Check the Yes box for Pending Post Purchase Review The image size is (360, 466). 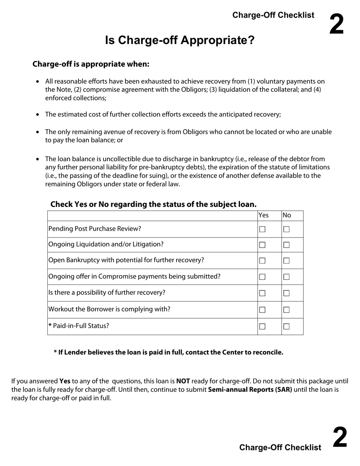(262, 229)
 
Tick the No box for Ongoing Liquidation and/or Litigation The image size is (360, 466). (286, 245)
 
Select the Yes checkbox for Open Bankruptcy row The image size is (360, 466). (262, 261)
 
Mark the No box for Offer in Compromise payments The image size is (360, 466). (286, 277)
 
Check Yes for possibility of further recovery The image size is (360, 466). (262, 293)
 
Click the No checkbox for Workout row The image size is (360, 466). (286, 310)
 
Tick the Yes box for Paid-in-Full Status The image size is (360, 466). (262, 327)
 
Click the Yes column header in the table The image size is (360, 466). (263, 215)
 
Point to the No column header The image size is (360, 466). (287, 215)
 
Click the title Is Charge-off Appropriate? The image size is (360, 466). (180, 40)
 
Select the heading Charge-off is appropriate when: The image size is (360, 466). (91, 64)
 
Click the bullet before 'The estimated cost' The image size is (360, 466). (38, 115)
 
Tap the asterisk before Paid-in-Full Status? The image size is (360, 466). (50, 325)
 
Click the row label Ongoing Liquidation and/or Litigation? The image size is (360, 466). (106, 244)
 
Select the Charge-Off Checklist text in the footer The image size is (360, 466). (280, 447)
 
